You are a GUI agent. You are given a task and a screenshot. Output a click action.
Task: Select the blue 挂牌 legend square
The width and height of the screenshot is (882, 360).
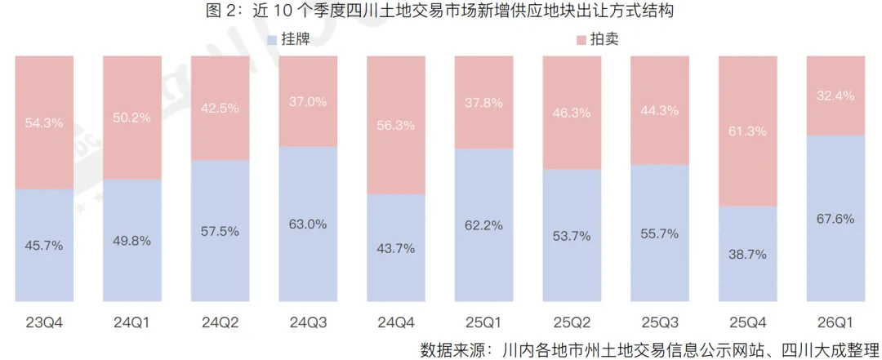coord(272,39)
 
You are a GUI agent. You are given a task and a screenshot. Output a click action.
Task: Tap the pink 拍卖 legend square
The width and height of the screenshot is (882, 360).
coord(580,39)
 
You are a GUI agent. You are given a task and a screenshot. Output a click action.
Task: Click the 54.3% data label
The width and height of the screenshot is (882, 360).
coord(44,122)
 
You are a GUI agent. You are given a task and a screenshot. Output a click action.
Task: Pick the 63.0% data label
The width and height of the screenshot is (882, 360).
coord(308,224)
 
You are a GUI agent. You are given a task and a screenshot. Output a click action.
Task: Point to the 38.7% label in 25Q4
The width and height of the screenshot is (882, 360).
coord(747,254)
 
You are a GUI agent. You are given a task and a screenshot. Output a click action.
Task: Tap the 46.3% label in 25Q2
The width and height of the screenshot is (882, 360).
coord(572,113)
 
